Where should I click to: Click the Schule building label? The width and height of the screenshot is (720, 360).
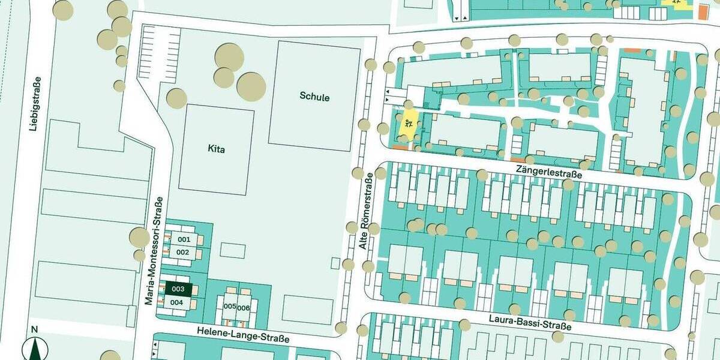(314, 97)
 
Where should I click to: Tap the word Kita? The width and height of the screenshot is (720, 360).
(216, 149)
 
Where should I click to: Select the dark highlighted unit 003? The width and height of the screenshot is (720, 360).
(178, 289)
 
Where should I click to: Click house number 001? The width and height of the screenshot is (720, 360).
(184, 239)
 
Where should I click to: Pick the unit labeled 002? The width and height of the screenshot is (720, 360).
(182, 252)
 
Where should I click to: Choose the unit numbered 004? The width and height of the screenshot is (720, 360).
(176, 302)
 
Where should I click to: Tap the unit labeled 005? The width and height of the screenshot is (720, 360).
(229, 307)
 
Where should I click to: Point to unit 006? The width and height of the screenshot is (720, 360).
(243, 308)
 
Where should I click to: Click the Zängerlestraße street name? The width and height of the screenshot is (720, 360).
(549, 173)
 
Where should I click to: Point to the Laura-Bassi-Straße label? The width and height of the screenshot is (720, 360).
(529, 322)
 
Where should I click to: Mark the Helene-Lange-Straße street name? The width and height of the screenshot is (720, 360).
(243, 335)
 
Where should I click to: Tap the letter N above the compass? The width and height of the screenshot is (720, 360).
(34, 329)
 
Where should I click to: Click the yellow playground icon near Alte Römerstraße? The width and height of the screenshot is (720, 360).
(409, 125)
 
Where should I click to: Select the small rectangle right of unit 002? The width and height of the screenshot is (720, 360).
(232, 250)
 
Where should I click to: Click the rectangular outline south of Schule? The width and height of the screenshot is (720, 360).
(307, 309)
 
